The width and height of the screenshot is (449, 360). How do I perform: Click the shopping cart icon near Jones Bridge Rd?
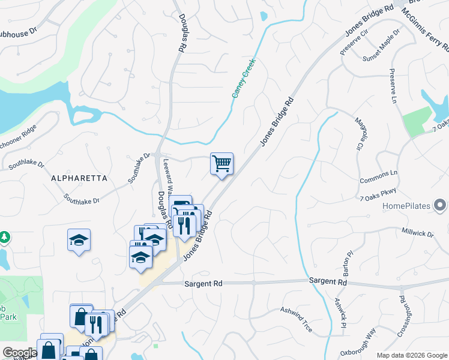(x=221, y=163)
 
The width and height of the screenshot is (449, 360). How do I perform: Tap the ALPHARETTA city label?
(x=79, y=178)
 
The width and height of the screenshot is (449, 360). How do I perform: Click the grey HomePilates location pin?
(x=441, y=206)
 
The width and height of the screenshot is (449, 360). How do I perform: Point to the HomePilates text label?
(x=407, y=206)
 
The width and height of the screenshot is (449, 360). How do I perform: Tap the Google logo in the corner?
(x=19, y=353)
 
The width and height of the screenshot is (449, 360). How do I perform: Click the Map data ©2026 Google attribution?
(x=411, y=355)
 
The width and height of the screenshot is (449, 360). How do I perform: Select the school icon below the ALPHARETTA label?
(x=79, y=240)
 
